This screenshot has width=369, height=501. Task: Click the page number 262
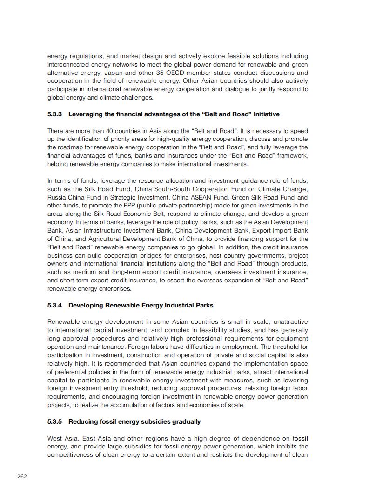click(x=22, y=476)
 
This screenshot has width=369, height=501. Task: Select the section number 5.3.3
click(x=55, y=114)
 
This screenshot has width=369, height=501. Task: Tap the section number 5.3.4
click(x=55, y=305)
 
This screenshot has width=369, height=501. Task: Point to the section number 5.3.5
click(x=55, y=421)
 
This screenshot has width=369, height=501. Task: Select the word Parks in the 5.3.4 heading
click(x=205, y=305)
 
